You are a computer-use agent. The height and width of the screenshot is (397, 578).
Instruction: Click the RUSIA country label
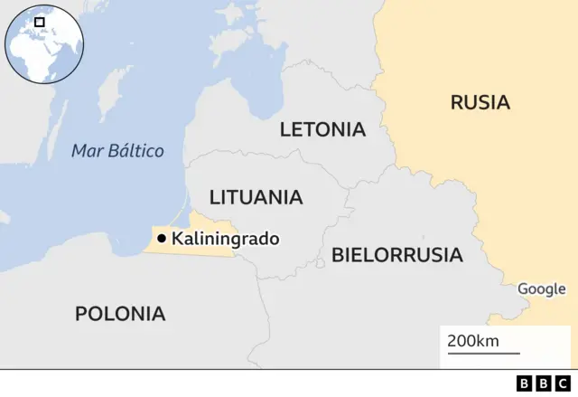click(x=480, y=102)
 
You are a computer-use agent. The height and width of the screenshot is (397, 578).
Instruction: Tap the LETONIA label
click(x=322, y=129)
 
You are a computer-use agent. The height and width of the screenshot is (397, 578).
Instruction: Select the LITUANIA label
click(x=256, y=197)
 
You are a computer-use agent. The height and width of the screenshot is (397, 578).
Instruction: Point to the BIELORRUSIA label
click(x=396, y=255)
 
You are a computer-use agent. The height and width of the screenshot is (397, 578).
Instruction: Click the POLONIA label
click(x=120, y=314)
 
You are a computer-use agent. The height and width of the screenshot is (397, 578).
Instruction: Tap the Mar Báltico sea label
click(x=117, y=151)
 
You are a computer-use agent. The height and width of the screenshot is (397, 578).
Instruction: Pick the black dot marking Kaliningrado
click(x=161, y=239)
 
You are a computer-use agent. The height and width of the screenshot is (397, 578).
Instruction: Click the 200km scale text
click(x=472, y=341)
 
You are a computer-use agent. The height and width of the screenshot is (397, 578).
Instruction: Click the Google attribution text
click(x=541, y=289)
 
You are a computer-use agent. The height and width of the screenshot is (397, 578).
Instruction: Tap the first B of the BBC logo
click(x=524, y=383)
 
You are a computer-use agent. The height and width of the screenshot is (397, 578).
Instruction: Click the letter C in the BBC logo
click(x=563, y=383)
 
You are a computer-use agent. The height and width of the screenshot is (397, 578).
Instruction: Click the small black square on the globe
click(x=40, y=21)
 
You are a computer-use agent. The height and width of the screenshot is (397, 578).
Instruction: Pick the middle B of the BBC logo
click(x=543, y=383)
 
